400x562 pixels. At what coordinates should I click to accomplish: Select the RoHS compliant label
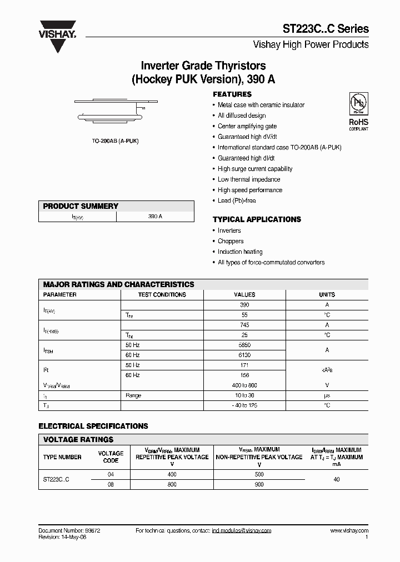[358, 124]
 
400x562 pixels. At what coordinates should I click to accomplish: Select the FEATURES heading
[232, 94]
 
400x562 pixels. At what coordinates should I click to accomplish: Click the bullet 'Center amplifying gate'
[247, 126]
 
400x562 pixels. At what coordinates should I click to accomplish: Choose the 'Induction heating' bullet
[239, 252]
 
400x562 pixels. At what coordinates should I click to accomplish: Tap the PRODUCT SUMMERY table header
[81, 206]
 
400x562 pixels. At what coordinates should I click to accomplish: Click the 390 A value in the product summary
[155, 217]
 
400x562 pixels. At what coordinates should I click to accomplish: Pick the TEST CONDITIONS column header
[162, 294]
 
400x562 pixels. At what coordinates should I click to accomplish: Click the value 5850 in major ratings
[244, 345]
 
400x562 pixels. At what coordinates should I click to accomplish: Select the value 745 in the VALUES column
[244, 325]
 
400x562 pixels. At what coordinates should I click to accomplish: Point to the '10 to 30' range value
[244, 395]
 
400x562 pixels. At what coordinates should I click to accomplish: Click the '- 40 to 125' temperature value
[244, 405]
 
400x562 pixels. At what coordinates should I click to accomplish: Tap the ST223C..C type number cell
[56, 479]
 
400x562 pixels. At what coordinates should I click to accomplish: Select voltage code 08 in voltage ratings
[111, 484]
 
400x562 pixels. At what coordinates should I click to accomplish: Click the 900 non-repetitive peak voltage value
[259, 484]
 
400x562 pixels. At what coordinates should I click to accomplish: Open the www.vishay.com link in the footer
[349, 531]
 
